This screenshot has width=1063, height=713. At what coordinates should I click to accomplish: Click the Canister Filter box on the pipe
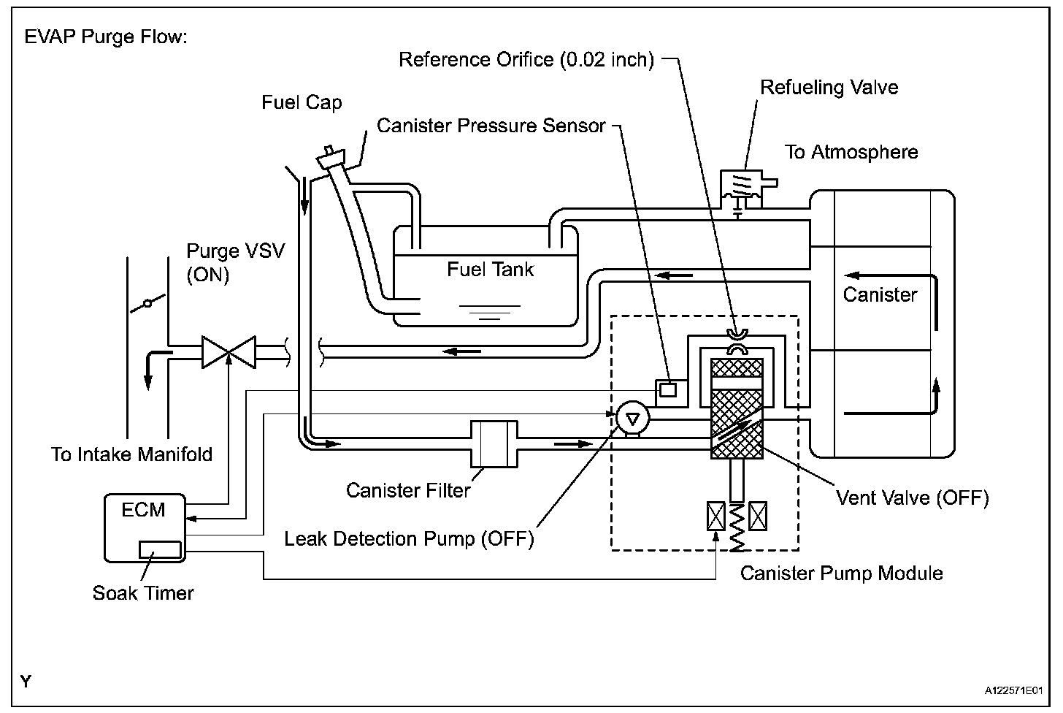494,443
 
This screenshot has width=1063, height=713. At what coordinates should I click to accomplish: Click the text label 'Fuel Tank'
490,270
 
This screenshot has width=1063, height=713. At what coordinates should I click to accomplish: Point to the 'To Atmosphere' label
851,152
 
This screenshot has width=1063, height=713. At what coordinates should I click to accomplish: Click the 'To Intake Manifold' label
132,454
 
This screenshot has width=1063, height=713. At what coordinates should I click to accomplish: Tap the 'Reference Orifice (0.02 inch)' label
526,59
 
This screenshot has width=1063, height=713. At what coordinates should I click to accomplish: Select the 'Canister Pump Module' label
841,573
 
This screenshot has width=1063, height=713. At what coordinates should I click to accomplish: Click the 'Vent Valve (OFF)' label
912,498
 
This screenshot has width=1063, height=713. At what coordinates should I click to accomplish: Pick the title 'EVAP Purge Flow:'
107,37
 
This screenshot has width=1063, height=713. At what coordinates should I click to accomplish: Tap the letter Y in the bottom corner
26,682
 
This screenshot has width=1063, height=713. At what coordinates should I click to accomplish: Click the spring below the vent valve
737,526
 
